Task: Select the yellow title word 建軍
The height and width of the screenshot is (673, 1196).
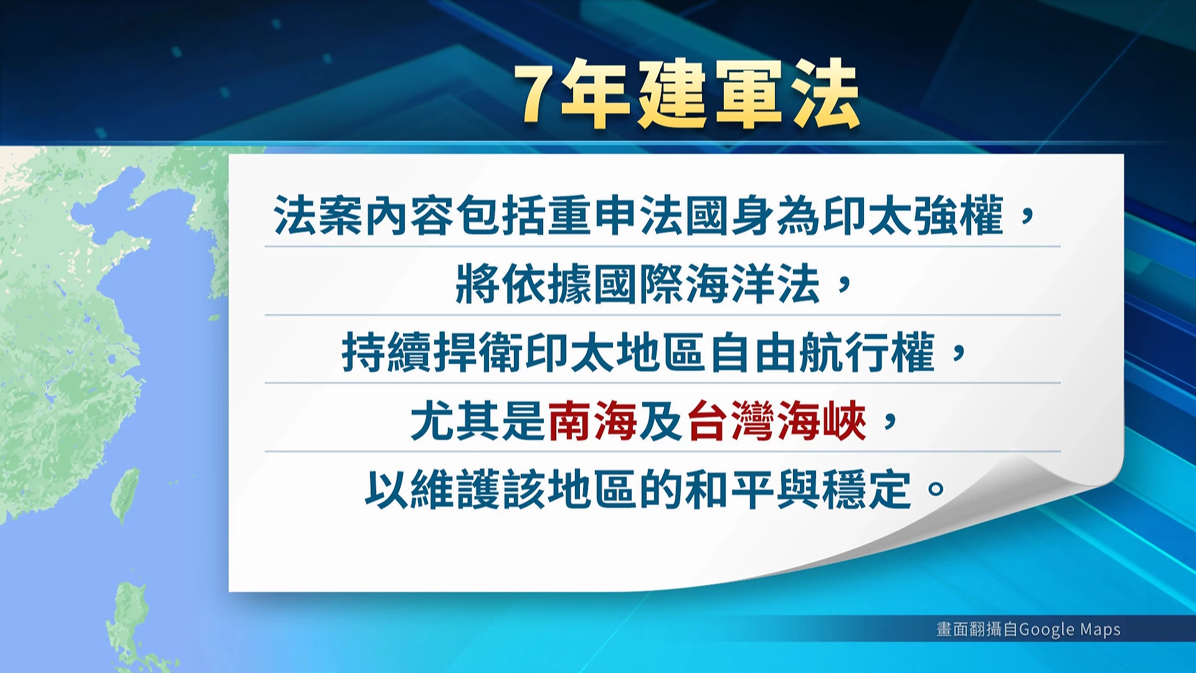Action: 711,95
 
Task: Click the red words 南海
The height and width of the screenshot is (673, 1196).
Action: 592,421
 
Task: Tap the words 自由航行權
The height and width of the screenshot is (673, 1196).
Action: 822,353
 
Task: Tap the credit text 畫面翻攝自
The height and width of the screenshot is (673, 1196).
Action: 977,629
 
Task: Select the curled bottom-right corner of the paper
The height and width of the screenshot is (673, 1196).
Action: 1071,492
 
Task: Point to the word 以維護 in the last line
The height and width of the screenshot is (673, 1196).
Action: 432,489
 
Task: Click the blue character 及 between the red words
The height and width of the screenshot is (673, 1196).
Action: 662,421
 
